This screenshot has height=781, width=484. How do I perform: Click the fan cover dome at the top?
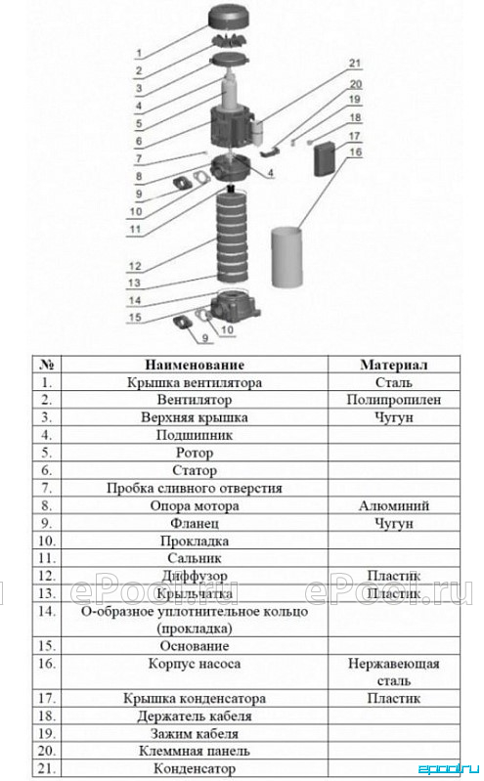[231, 17]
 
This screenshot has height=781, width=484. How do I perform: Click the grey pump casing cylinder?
[286, 257]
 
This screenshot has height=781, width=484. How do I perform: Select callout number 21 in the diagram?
[354, 64]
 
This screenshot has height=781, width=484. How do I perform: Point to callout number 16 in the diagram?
[355, 152]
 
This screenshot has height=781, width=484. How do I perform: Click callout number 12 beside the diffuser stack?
[135, 266]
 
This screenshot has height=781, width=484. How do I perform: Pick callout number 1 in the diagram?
[139, 54]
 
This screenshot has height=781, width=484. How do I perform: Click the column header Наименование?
[195, 365]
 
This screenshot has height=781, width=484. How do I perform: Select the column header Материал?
[394, 365]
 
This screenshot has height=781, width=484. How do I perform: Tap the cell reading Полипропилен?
[394, 400]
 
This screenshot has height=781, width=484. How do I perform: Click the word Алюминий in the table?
[394, 505]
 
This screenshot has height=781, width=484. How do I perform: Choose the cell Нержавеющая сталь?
[394, 672]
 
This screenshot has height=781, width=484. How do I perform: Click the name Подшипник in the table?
[195, 435]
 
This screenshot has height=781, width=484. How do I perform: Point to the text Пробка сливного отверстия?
[195, 488]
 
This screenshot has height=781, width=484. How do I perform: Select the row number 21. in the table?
[46, 768]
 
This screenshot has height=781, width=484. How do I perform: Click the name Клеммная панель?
[195, 751]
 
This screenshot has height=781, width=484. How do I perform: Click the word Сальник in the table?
[195, 558]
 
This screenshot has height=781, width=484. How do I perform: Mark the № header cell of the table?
[46, 365]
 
